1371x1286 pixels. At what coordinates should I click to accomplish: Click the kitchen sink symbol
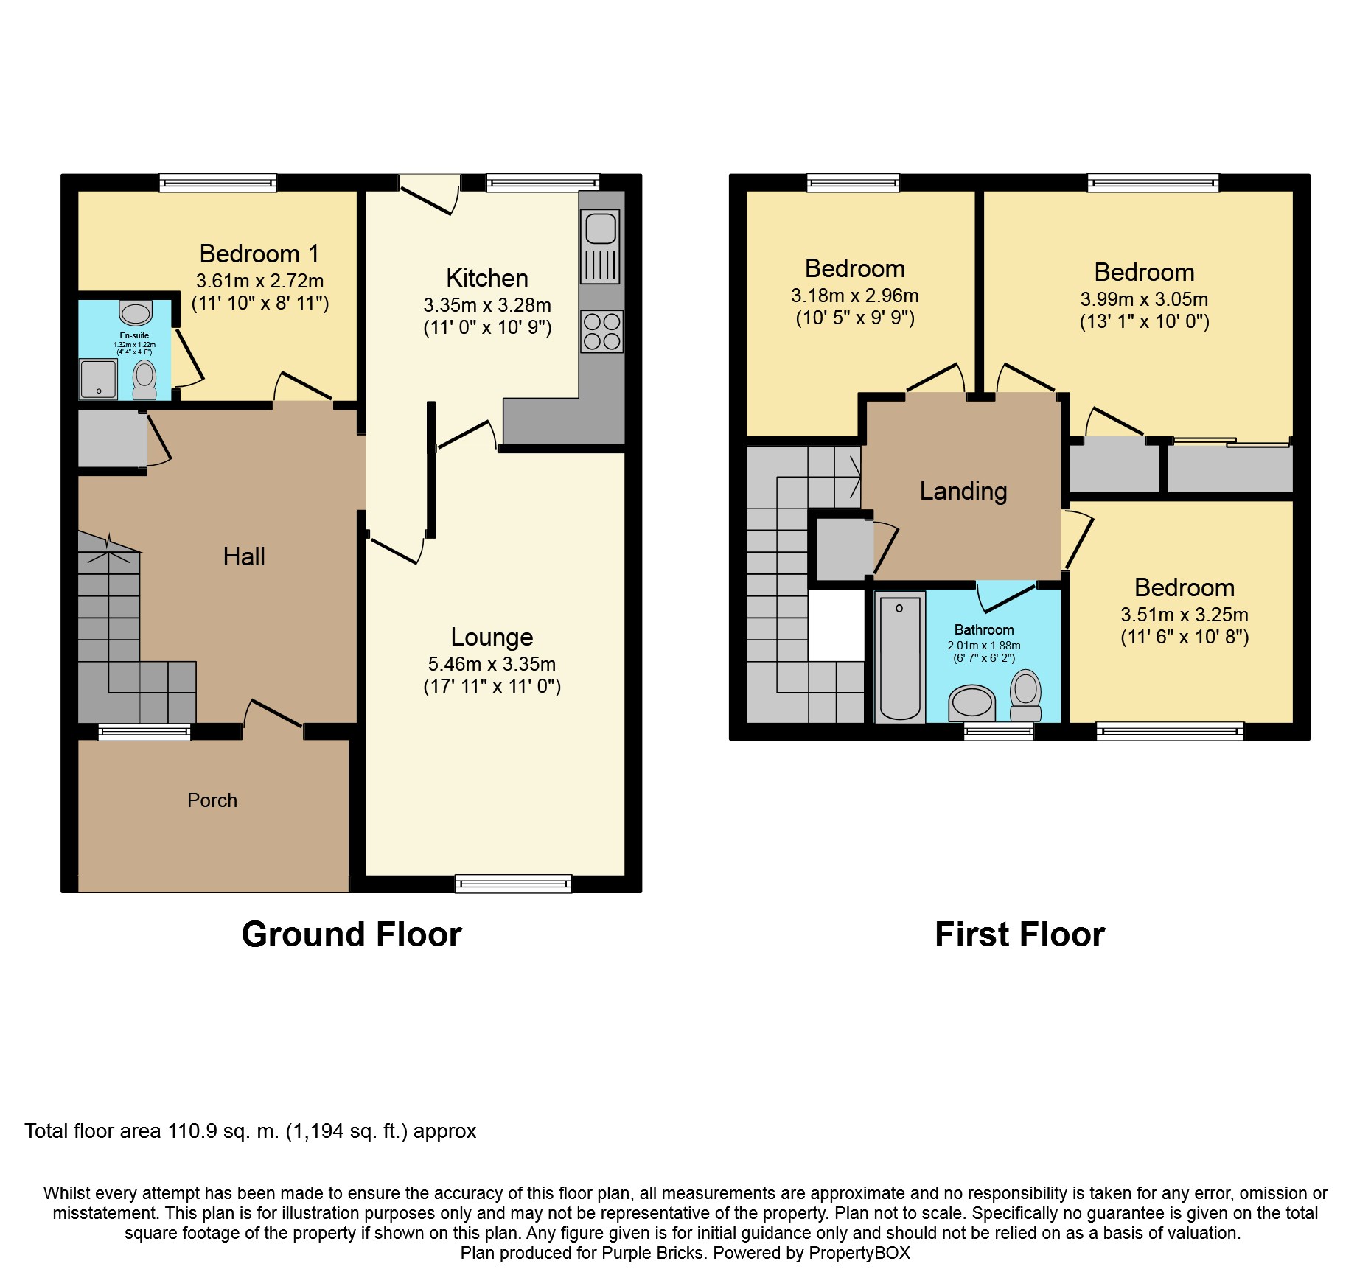[x=601, y=246]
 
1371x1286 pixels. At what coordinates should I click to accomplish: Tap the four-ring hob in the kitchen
[x=601, y=332]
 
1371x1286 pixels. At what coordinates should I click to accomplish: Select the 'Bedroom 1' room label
[x=259, y=254]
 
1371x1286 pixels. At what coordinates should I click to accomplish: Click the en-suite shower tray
[x=98, y=379]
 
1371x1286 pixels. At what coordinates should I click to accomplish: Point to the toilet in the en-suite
[x=144, y=380]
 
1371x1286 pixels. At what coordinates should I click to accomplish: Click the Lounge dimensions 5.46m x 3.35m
[x=492, y=664]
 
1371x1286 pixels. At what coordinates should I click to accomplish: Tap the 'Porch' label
[x=212, y=800]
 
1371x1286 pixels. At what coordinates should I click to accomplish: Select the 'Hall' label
[x=244, y=556]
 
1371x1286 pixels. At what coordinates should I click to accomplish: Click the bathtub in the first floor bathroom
[x=900, y=657]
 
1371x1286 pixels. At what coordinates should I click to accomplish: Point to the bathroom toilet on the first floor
[x=1025, y=694]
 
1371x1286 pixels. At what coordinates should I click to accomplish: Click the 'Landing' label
[x=963, y=491]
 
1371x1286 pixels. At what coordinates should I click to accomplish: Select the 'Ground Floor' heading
[x=352, y=934]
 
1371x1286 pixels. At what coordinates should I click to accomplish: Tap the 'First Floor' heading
[x=1019, y=934]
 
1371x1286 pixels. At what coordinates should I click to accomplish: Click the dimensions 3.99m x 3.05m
[x=1144, y=299]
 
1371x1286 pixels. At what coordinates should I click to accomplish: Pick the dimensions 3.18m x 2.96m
[x=855, y=296]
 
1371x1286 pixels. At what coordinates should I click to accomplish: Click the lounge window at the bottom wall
[x=513, y=883]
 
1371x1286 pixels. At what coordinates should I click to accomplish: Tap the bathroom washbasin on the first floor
[x=972, y=702]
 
